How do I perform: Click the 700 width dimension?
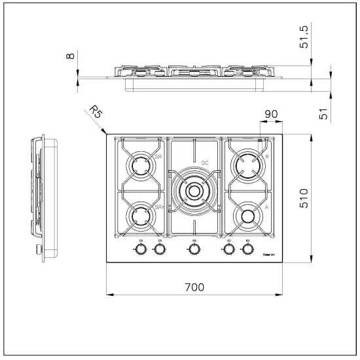pyautogui.click(x=194, y=286)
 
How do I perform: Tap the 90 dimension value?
pyautogui.click(x=271, y=115)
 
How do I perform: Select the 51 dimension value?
pyautogui.click(x=322, y=112)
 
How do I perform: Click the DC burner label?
pyautogui.click(x=205, y=162)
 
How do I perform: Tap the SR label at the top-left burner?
pyautogui.click(x=158, y=157)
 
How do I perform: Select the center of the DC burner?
pyautogui.click(x=194, y=190)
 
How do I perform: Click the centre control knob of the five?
pyautogui.click(x=194, y=249)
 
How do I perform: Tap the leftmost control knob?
pyautogui.click(x=140, y=249)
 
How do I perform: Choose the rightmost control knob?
pyautogui.click(x=248, y=249)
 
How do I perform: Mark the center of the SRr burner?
pyautogui.click(x=139, y=216)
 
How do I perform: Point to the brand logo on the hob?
pyautogui.click(x=268, y=250)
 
